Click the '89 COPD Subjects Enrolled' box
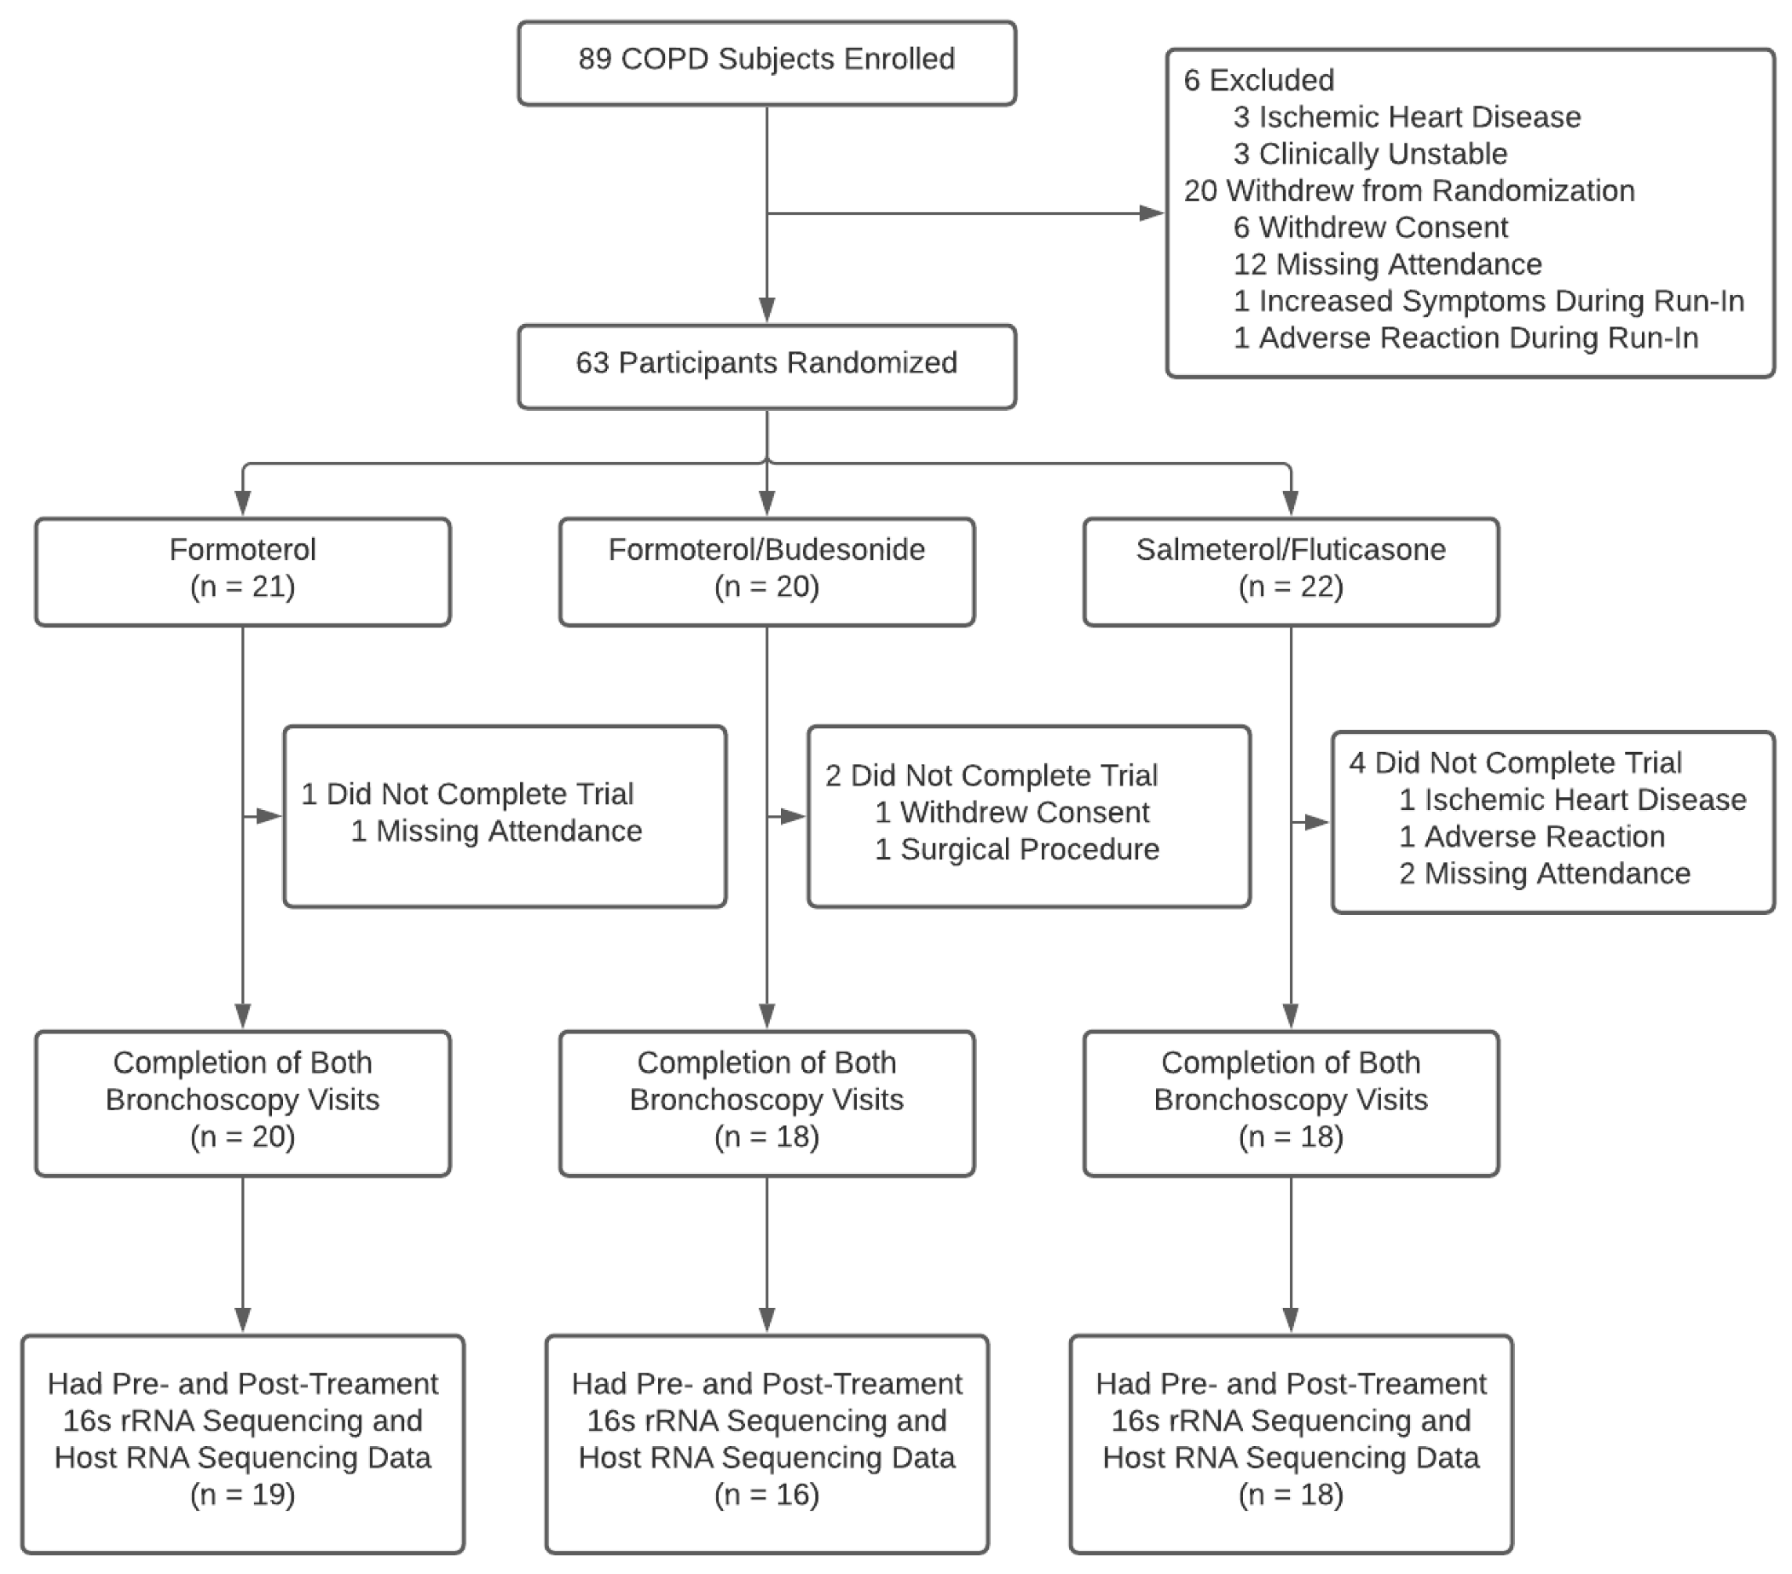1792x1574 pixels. point(766,63)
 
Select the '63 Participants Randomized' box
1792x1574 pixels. point(766,367)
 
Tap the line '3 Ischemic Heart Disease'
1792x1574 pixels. point(1407,117)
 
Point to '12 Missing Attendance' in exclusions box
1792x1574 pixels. point(1387,264)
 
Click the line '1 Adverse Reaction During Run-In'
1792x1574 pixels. point(1465,338)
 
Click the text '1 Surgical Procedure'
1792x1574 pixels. point(1016,849)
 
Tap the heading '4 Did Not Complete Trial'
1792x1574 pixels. point(1515,763)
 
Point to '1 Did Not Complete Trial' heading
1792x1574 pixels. point(466,795)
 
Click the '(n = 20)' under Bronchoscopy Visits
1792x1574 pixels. point(243,1137)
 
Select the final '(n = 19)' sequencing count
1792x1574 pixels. point(243,1494)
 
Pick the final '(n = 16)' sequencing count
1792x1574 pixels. point(766,1494)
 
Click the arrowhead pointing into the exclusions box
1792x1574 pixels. point(1151,213)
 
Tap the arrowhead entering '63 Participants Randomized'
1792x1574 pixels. point(767,310)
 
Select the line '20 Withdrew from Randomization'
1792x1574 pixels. point(1409,190)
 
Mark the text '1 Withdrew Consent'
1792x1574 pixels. point(1011,812)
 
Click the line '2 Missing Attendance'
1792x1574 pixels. point(1544,873)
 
